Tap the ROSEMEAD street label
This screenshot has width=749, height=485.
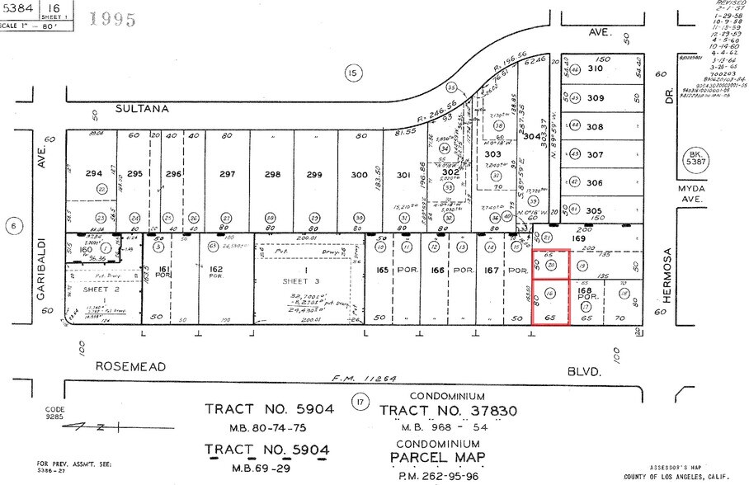click(x=130, y=365)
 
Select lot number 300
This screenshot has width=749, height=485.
click(x=358, y=174)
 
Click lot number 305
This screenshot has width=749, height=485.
click(x=595, y=211)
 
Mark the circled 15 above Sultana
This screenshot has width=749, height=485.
click(x=352, y=74)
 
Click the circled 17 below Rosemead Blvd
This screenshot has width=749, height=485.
click(x=359, y=402)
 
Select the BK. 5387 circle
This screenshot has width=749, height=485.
click(x=691, y=158)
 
